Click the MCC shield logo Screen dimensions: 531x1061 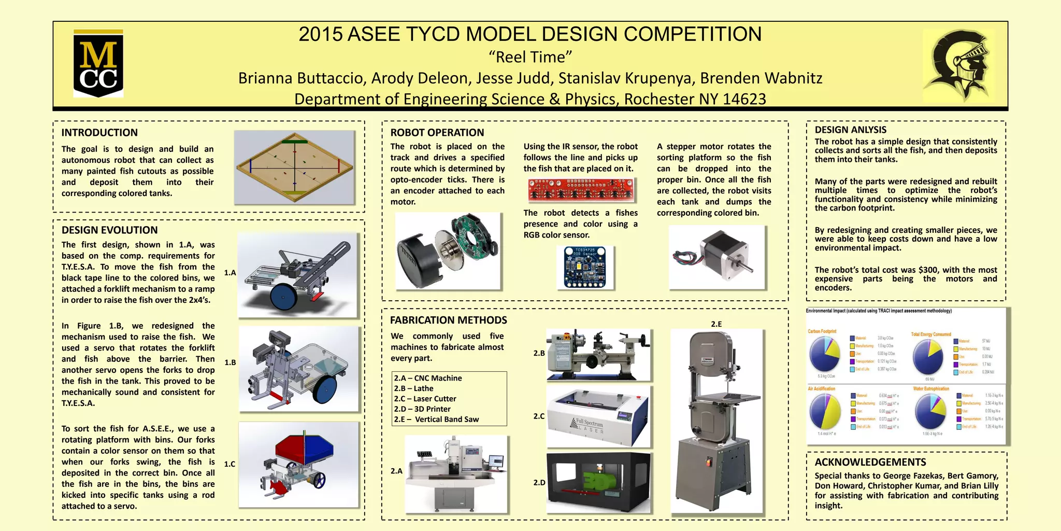pos(98,64)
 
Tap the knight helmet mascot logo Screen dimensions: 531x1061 pos(958,64)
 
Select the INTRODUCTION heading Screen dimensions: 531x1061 pos(99,133)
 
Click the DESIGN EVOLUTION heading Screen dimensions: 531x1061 pos(109,230)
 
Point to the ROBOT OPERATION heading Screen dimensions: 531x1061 pos(437,133)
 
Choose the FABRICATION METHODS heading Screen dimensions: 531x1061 pos(448,320)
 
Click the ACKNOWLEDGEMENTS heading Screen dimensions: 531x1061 pos(870,462)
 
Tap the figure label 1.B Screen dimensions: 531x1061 pos(230,362)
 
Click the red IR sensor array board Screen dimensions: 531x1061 pos(581,190)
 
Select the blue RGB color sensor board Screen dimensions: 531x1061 pos(585,267)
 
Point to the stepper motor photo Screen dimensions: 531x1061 pos(716,257)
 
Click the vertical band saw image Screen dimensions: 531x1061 pos(716,420)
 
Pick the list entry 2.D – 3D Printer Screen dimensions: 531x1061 pos(422,409)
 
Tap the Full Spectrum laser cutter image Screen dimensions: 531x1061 pos(598,416)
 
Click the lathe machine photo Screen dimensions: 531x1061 pos(598,354)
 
